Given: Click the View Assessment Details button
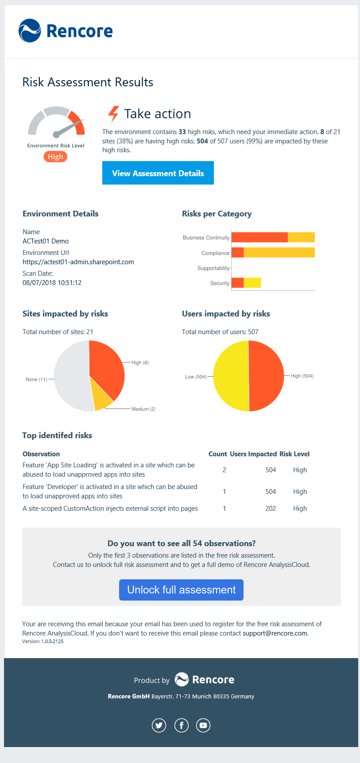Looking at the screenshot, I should pos(158,173).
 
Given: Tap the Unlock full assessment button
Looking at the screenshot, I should pos(181,590).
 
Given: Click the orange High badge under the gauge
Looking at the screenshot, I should pos(55,157).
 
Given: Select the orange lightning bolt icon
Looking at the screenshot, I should pos(114,114).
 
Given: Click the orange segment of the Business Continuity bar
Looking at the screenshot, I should pos(259,237).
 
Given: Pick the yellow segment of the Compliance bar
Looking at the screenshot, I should pos(279,253).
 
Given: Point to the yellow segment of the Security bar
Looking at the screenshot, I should pos(252,283).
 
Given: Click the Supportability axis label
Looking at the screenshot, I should pos(213,268).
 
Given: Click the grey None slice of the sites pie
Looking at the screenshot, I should pos(71,376).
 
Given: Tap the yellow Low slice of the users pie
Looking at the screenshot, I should pos(230,376).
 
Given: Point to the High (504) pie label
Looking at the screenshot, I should pos(302,376).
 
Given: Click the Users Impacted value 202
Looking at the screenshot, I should pos(271,509).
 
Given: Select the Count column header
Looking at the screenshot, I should pos(217,454).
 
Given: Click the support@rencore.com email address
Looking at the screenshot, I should pos(275,633).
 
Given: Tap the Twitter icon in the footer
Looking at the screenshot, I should pos(159,725).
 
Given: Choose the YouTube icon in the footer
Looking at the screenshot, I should pos(203,725).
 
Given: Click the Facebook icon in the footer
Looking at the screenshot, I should pos(181,725).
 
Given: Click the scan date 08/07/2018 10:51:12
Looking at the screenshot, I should pos(52,283).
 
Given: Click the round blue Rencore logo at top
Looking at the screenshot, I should pos(30,31).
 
